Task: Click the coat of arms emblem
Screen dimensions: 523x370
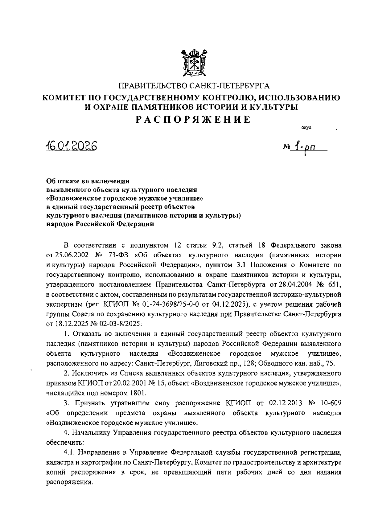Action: coord(194,63)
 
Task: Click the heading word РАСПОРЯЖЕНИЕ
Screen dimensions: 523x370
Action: coord(194,120)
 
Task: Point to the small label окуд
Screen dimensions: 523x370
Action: coord(306,128)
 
